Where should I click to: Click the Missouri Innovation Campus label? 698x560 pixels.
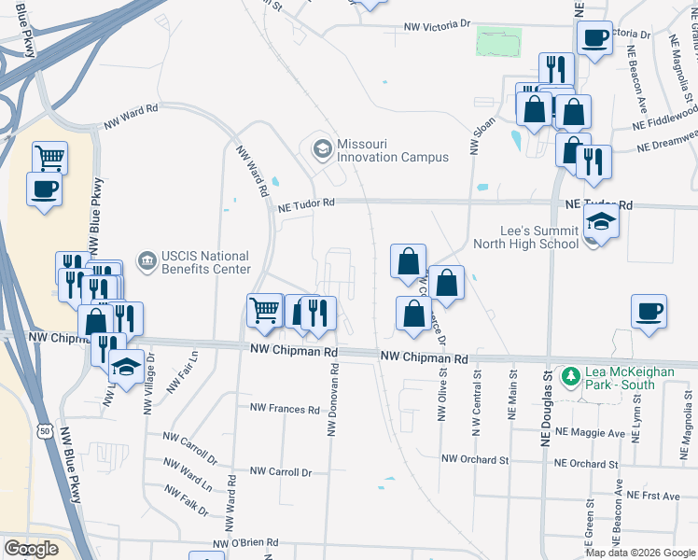pyautogui.click(x=393, y=150)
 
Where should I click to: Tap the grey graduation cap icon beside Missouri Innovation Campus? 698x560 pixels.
pyautogui.click(x=322, y=149)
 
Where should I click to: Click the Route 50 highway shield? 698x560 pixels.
pyautogui.click(x=45, y=431)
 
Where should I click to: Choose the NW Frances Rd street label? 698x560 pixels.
pyautogui.click(x=285, y=409)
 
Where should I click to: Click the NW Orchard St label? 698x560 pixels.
pyautogui.click(x=475, y=459)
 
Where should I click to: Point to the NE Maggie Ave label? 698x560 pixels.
pyautogui.click(x=589, y=433)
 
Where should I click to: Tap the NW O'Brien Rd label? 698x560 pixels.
pyautogui.click(x=247, y=544)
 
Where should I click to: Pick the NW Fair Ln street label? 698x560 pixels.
pyautogui.click(x=194, y=370)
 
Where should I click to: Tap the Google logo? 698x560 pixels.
pyautogui.click(x=31, y=550)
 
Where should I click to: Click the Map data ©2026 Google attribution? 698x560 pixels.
pyautogui.click(x=640, y=553)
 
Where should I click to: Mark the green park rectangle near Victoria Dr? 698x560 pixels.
pyautogui.click(x=498, y=42)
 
